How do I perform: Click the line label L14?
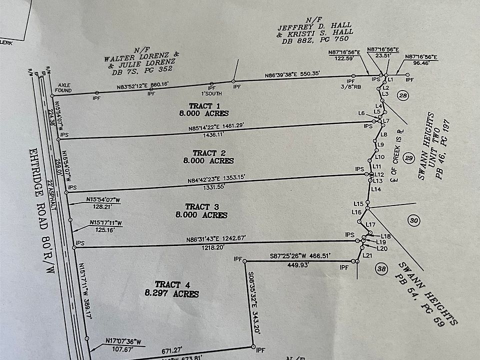377,189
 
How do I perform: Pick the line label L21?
368,256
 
